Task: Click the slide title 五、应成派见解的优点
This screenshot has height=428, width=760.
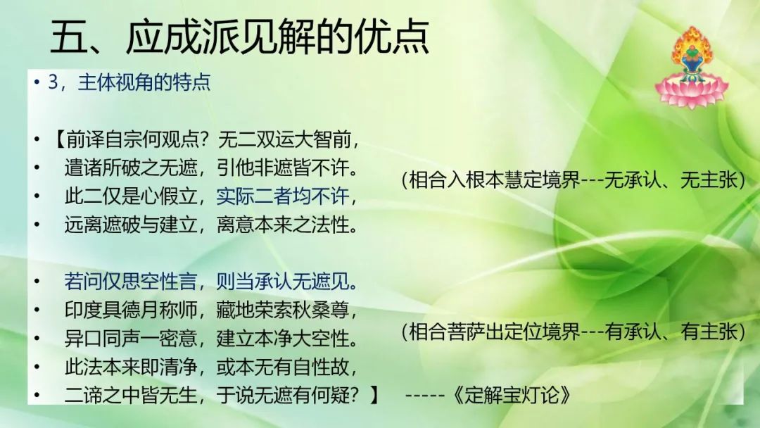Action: click(239, 37)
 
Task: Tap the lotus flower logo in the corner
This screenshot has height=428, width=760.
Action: click(692, 67)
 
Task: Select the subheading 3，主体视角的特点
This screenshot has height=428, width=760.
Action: click(129, 82)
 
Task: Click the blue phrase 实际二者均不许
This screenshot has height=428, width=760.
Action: click(283, 196)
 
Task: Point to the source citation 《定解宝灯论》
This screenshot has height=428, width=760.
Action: click(512, 396)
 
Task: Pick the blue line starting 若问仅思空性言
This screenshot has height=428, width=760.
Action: click(211, 282)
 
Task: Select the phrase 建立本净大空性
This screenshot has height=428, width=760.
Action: click(283, 339)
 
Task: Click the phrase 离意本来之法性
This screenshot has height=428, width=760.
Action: click(283, 225)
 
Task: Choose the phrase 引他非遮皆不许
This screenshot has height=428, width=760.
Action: click(283, 168)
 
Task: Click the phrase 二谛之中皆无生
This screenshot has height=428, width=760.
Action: click(131, 396)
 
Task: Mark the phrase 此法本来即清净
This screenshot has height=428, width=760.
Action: click(131, 367)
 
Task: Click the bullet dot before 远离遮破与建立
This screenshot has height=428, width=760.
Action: click(37, 225)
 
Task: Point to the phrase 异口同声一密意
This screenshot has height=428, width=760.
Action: click(131, 339)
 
